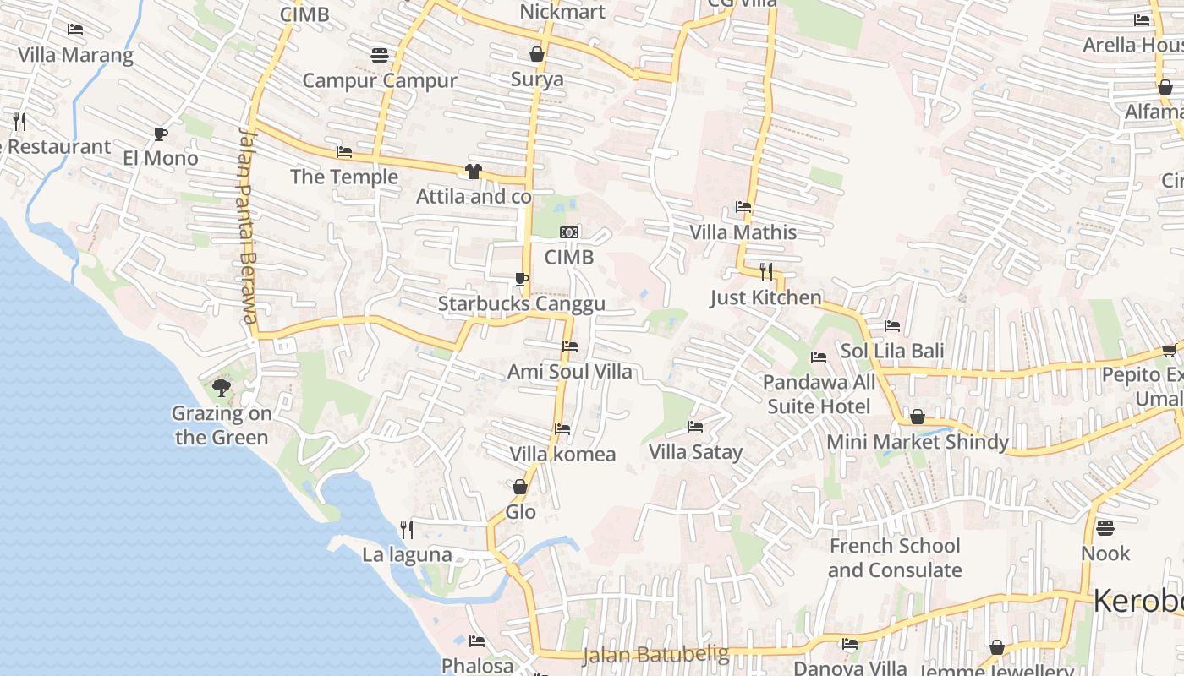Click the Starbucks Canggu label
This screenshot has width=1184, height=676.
pyautogui.click(x=521, y=304)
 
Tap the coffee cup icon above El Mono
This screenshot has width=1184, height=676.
pyautogui.click(x=160, y=134)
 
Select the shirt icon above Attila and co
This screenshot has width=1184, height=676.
pyautogui.click(x=473, y=172)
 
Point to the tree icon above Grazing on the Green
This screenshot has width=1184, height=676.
pyautogui.click(x=222, y=388)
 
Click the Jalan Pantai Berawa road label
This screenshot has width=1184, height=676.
pyautogui.click(x=247, y=226)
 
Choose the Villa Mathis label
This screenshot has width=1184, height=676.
pyautogui.click(x=743, y=232)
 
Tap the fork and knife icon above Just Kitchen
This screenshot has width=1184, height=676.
pyautogui.click(x=766, y=272)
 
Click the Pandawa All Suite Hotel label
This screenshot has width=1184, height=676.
pyautogui.click(x=819, y=394)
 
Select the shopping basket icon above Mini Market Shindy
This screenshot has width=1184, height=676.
pyautogui.click(x=917, y=417)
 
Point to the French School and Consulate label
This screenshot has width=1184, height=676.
pyautogui.click(x=895, y=558)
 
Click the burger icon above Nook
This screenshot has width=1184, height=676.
pyautogui.click(x=1105, y=529)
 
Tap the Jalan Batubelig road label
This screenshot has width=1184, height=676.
pyautogui.click(x=655, y=654)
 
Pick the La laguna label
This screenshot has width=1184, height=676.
pyautogui.click(x=407, y=555)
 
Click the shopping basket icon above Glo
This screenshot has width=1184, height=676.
pyautogui.click(x=520, y=487)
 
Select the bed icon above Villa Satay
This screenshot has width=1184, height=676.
pyautogui.click(x=695, y=427)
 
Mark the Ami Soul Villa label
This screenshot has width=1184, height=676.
pyautogui.click(x=569, y=372)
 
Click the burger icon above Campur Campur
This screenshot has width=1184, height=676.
pyautogui.click(x=380, y=56)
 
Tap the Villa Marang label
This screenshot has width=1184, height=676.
pyautogui.click(x=75, y=56)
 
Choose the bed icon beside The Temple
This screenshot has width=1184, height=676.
pyautogui.click(x=344, y=152)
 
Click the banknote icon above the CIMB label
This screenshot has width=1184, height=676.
pyautogui.click(x=569, y=232)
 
